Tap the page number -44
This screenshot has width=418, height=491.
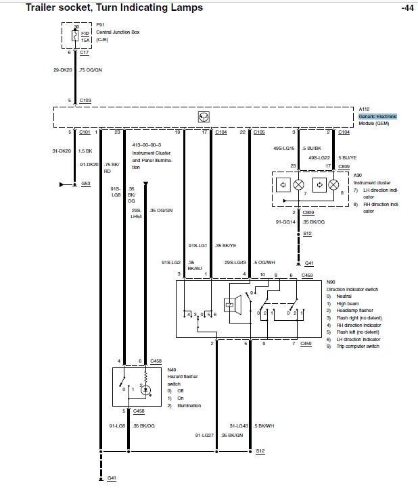[x=406, y=8]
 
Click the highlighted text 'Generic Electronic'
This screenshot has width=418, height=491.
[x=377, y=117]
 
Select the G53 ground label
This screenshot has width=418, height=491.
[x=86, y=183]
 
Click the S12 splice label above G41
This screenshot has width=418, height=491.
[x=307, y=234]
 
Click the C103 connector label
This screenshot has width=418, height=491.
[x=86, y=100]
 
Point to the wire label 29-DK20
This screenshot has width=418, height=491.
[x=63, y=69]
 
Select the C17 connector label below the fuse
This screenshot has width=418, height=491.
[x=85, y=52]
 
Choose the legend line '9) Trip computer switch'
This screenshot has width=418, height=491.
[x=353, y=346]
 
